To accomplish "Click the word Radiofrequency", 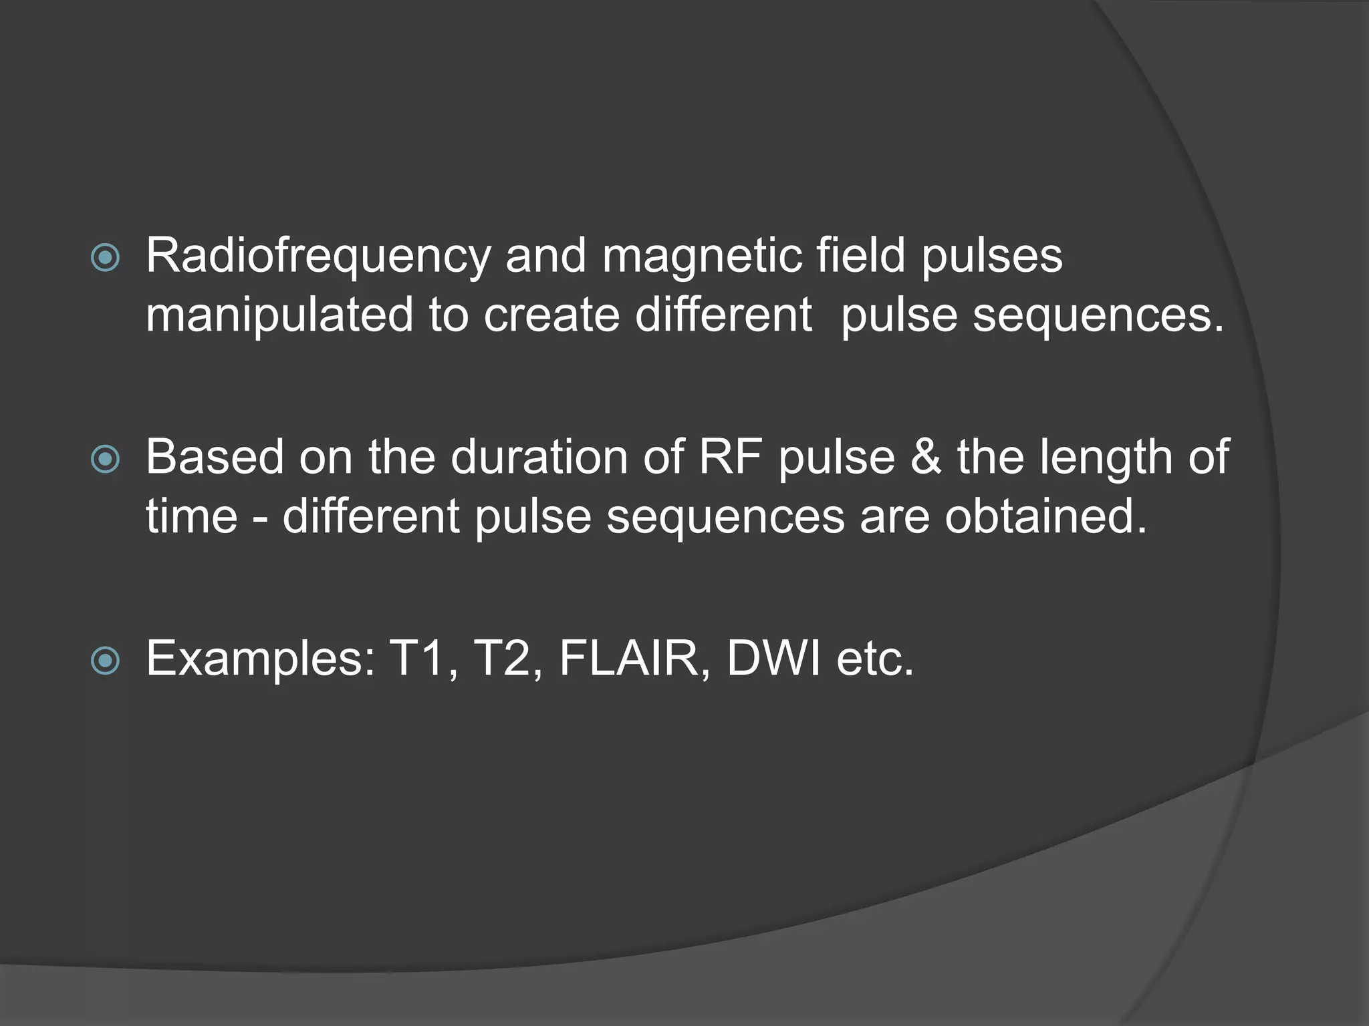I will click(318, 256).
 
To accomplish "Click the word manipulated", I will click(279, 315).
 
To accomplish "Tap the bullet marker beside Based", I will click(105, 459).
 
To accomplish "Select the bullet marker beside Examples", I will click(105, 661).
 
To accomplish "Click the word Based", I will click(215, 458).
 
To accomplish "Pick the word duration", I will click(539, 458).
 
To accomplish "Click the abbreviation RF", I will click(730, 458).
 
